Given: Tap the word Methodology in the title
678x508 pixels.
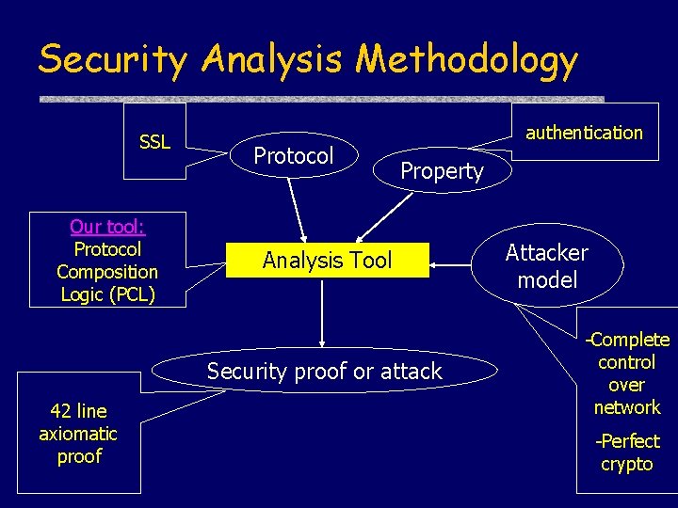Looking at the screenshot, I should coord(466,60).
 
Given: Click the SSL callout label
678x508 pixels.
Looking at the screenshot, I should coord(154,142).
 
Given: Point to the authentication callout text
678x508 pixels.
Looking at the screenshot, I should coord(584,133).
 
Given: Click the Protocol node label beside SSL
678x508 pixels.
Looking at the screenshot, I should coord(294,156).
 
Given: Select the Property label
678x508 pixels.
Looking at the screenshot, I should coord(442,171).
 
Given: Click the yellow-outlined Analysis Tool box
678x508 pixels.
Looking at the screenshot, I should coord(327,260).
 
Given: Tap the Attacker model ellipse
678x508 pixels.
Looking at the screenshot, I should coord(546,266).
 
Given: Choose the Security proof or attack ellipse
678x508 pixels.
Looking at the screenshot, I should coord(324,372).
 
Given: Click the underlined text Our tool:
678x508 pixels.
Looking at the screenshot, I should coord(107,227).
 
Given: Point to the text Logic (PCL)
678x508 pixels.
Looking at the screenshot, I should coord(107,294).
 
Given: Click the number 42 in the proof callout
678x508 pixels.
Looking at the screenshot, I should coord(59,411).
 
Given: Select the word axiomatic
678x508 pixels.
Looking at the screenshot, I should coord(78,434).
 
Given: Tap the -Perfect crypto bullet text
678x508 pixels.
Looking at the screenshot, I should coord(627,452).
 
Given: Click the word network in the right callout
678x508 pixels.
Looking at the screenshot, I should coord(627,407).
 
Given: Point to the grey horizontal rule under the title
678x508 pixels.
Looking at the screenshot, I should coord(320,99).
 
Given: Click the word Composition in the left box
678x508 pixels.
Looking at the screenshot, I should coord(107,272).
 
